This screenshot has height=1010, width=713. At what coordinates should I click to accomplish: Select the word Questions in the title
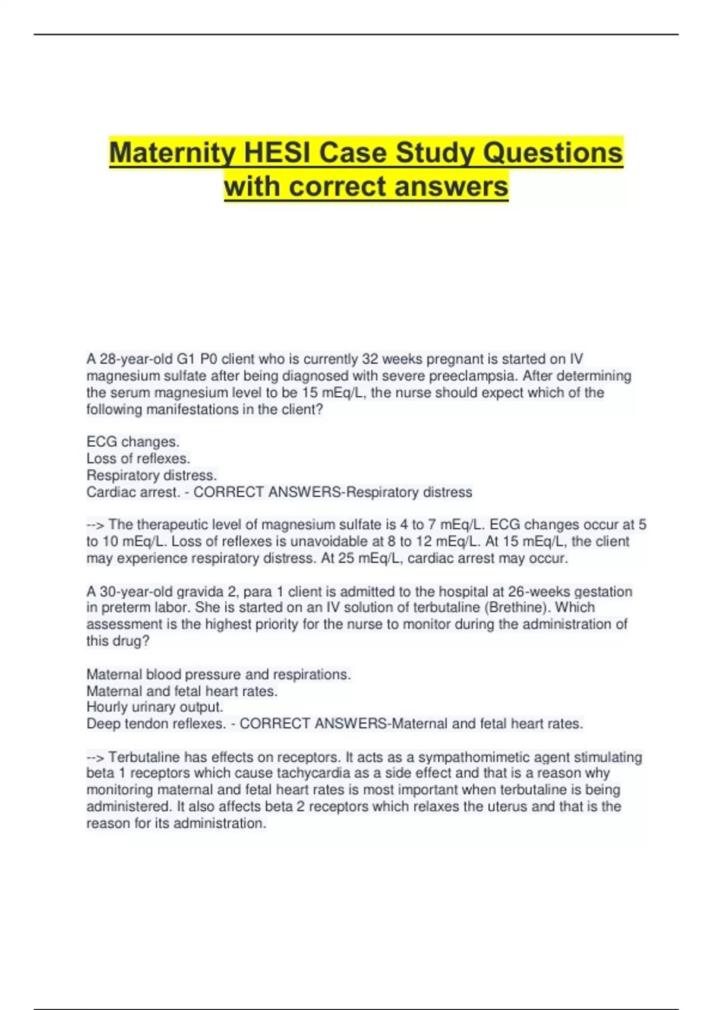[x=553, y=153]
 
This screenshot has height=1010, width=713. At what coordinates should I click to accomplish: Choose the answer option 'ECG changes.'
[x=133, y=442]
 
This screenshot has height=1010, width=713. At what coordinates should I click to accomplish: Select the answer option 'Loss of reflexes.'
[x=138, y=459]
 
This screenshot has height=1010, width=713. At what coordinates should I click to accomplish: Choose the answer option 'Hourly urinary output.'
[x=154, y=707]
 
